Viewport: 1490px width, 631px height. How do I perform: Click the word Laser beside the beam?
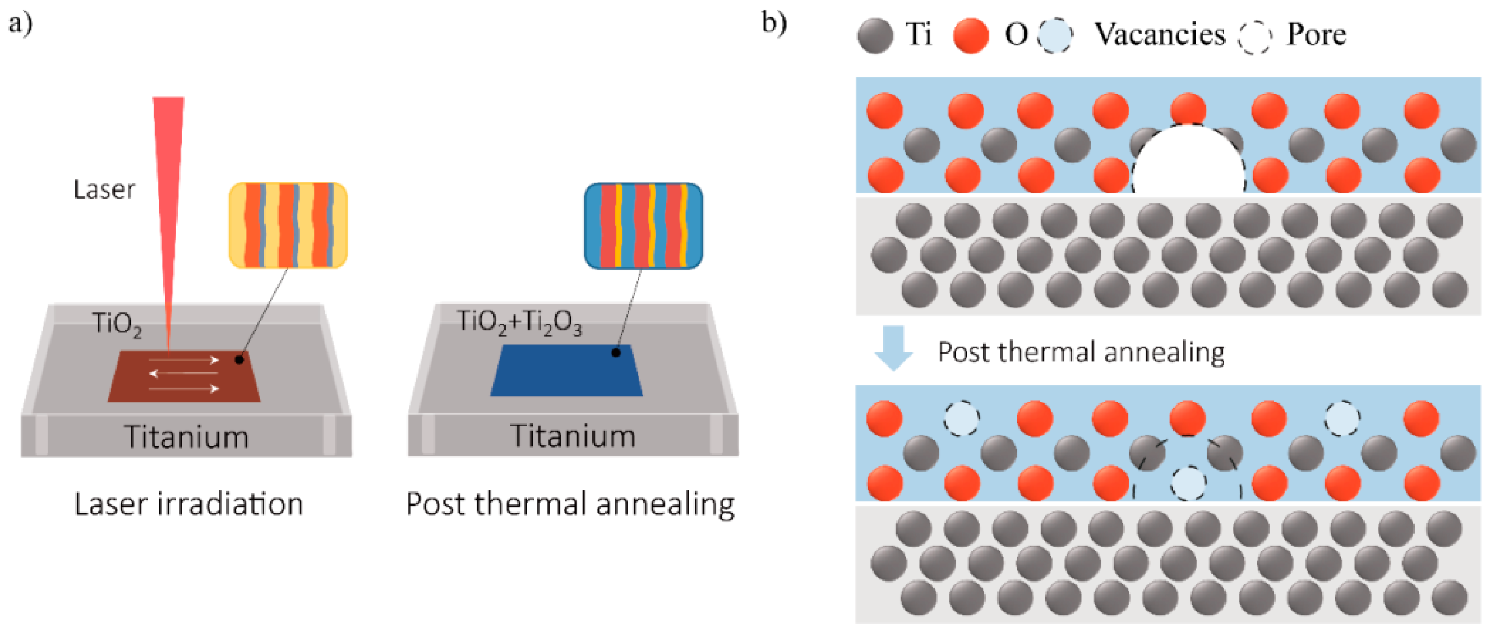pos(104,190)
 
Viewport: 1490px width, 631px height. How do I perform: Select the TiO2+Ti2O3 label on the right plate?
pos(519,322)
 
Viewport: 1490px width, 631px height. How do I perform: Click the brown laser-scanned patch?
pos(184,376)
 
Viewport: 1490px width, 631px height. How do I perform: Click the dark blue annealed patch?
pos(567,371)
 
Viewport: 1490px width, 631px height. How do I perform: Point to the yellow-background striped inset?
pos(288,225)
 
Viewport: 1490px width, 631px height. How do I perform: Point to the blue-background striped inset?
pos(643,225)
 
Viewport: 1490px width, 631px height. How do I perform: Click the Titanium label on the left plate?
pos(186,437)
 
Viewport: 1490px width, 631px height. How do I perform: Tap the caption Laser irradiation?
pos(188,504)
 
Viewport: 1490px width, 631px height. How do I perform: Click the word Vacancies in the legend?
pos(1160,34)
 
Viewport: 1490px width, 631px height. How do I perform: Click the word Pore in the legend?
pos(1316,34)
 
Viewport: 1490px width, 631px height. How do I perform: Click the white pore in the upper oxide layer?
pos(1188,162)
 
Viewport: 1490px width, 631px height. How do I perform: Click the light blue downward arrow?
pos(894,348)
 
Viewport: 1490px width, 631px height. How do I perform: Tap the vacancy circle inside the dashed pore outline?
pos(1189,482)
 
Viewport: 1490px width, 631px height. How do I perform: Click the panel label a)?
pos(20,24)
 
